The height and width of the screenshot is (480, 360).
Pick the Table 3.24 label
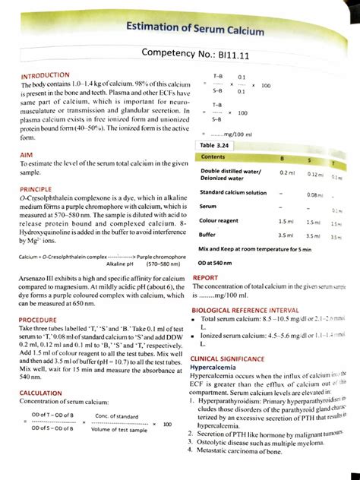(x=216, y=144)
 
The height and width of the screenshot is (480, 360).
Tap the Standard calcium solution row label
(x=233, y=192)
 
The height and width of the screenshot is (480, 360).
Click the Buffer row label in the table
(x=210, y=235)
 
